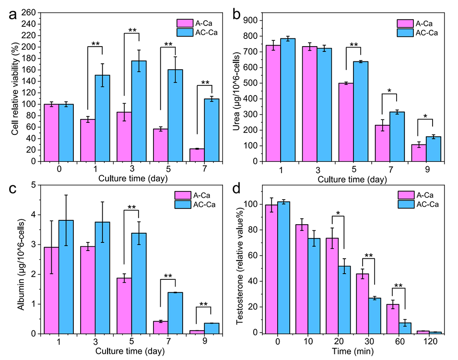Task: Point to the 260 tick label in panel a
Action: [x=30, y=12]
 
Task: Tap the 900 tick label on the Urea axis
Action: [x=255, y=20]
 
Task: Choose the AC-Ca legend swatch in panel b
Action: [x=405, y=33]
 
